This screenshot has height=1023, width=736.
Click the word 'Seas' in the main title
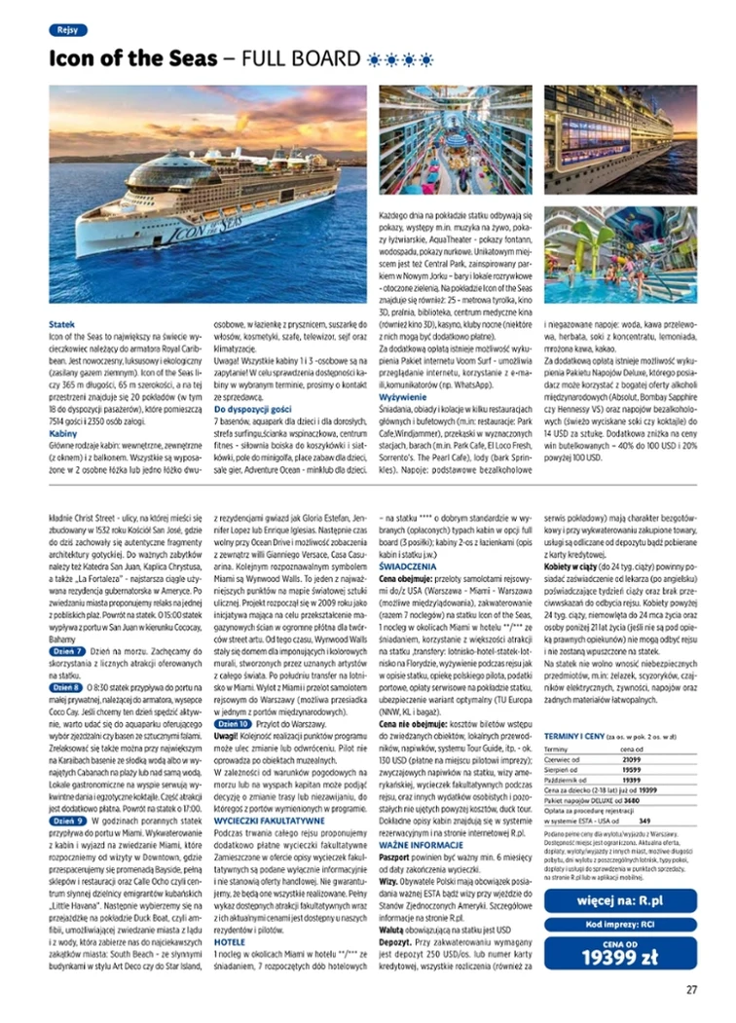(186, 58)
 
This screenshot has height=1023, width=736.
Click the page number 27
(691, 990)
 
